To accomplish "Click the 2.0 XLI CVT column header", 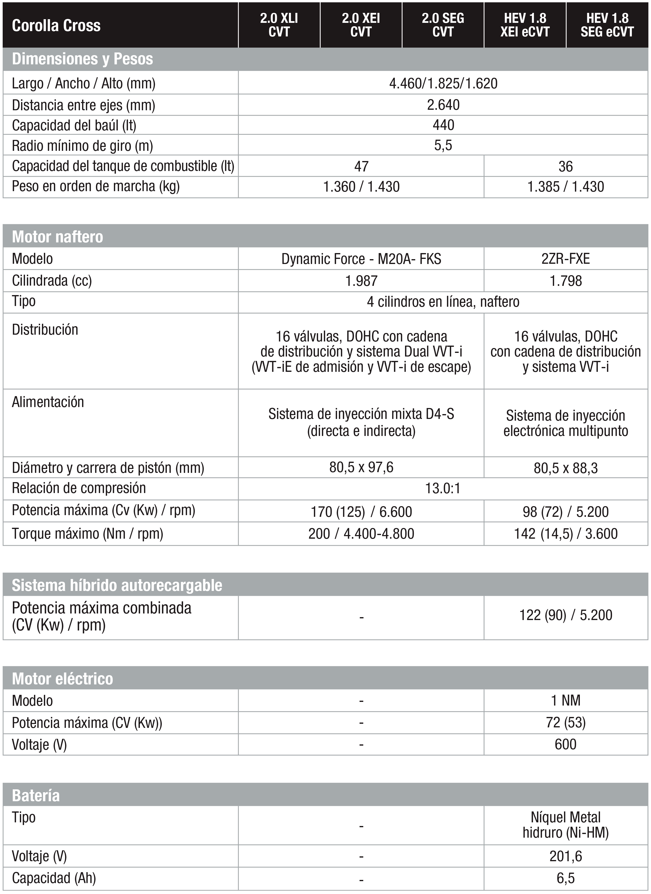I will (279, 25).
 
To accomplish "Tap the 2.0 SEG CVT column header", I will (443, 25).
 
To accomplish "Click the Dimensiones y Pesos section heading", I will (82, 59).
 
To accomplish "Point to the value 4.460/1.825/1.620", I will (443, 84).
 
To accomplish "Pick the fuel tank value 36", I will (566, 166).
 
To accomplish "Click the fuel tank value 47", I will (361, 166).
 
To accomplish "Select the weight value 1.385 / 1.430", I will (566, 187).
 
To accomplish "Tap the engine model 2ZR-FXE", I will (566, 259).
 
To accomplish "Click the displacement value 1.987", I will (361, 281).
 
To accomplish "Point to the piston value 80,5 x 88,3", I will (566, 468).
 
